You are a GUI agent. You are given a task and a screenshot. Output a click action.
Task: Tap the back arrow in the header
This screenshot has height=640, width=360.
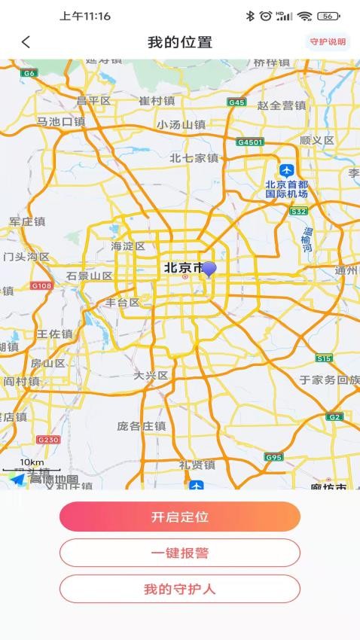coord(26,42)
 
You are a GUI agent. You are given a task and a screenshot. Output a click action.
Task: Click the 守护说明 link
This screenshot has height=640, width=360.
coord(328,42)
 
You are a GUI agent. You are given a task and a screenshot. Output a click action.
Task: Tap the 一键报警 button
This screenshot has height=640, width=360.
coord(180,553)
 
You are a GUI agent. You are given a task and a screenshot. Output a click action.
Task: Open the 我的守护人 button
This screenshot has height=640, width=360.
coord(180,589)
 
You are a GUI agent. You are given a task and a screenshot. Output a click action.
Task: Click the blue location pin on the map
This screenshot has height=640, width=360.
coord(209,269)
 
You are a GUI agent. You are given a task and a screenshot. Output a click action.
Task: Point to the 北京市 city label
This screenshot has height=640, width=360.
coord(183,267)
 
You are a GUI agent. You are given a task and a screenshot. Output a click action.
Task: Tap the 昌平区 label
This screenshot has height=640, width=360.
coord(93,100)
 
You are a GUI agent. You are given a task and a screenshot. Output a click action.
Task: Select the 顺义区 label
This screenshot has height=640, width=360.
coord(316,140)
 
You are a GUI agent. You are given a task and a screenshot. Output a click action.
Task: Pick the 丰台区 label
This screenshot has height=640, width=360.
coord(123,303)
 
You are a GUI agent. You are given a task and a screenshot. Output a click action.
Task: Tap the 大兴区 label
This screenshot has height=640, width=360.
coord(151,374)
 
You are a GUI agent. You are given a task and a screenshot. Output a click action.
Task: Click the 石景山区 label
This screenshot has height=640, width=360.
coord(89,276)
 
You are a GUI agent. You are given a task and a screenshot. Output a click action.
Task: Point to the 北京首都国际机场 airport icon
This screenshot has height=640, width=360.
coord(286,170)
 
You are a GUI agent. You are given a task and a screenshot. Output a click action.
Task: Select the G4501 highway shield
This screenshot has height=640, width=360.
coord(249,142)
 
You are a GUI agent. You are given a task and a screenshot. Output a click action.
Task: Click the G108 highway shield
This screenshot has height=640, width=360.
coord(41,286)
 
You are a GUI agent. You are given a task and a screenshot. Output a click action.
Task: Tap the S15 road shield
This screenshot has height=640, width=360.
coord(324,358)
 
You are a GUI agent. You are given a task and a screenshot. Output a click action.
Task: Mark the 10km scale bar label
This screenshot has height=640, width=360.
coord(32,462)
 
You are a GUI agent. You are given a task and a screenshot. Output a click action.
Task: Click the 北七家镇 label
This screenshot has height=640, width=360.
coord(194,158)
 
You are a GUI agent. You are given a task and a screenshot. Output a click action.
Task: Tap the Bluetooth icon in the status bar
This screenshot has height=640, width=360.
coord(251,16)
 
